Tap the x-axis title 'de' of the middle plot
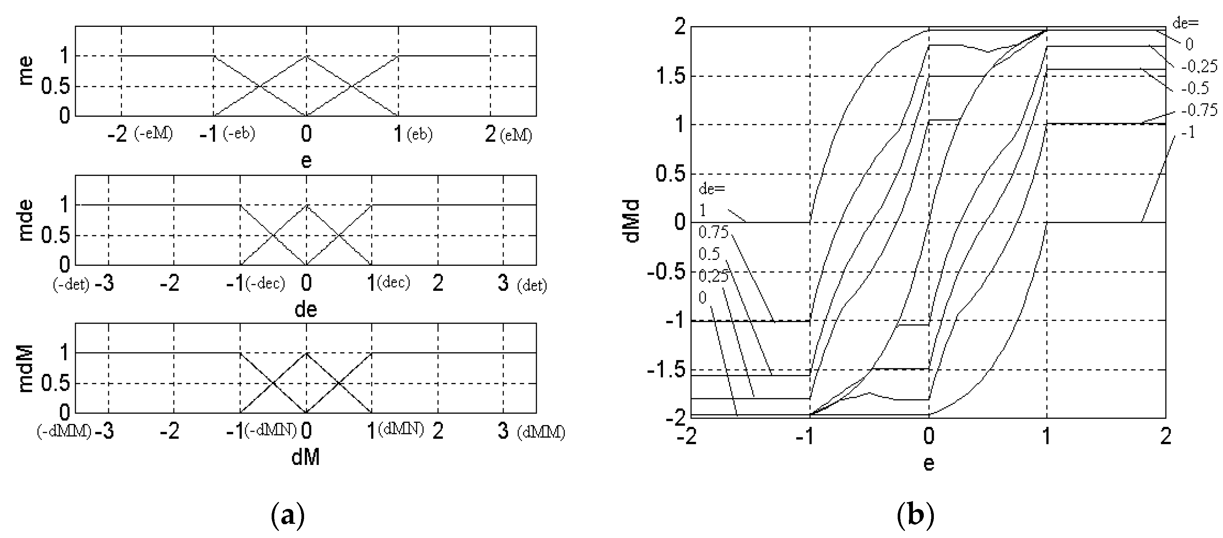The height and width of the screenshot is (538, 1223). coord(306,309)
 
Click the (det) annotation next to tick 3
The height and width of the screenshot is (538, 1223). coord(532,285)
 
